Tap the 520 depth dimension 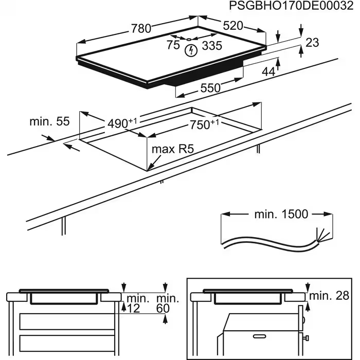(233, 26)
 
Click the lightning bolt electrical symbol (191, 50)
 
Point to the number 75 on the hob (173, 45)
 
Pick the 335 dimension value (211, 46)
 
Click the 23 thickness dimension (312, 43)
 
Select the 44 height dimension (268, 72)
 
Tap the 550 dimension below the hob (210, 88)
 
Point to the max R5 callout (172, 150)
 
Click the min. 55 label (49, 122)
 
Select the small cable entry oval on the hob (189, 39)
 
